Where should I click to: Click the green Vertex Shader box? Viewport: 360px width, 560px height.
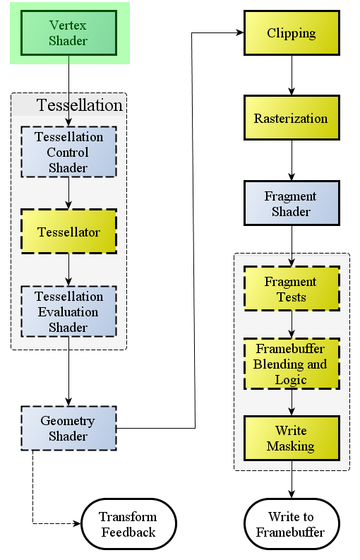68,33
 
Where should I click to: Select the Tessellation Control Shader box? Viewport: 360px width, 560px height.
68,152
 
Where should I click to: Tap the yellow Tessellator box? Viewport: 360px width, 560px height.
68,232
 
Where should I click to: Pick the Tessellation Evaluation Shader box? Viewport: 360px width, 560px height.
68,311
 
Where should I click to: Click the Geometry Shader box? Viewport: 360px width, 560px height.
68,428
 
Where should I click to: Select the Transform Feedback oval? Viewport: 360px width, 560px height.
128,524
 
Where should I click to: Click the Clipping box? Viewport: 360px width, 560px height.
292,33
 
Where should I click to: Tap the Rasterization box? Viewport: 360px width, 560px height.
292,117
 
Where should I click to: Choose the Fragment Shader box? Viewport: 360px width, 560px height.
292,203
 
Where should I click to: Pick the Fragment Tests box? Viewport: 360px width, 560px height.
292,289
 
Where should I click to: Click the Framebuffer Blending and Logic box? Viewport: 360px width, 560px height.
292,364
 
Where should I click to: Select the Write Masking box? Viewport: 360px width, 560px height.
292,438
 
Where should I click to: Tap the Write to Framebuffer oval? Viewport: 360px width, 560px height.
292,524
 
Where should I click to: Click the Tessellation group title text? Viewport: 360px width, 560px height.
79,105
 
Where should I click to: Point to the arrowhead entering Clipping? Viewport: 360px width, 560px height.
241,33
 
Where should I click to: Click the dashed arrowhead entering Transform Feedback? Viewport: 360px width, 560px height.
78,523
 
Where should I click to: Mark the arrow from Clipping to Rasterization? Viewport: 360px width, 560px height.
292,76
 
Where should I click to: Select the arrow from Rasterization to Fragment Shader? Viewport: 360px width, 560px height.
292,160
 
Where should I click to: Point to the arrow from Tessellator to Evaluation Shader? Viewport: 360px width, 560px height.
68,270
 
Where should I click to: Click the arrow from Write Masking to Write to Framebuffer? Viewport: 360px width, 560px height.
292,479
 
